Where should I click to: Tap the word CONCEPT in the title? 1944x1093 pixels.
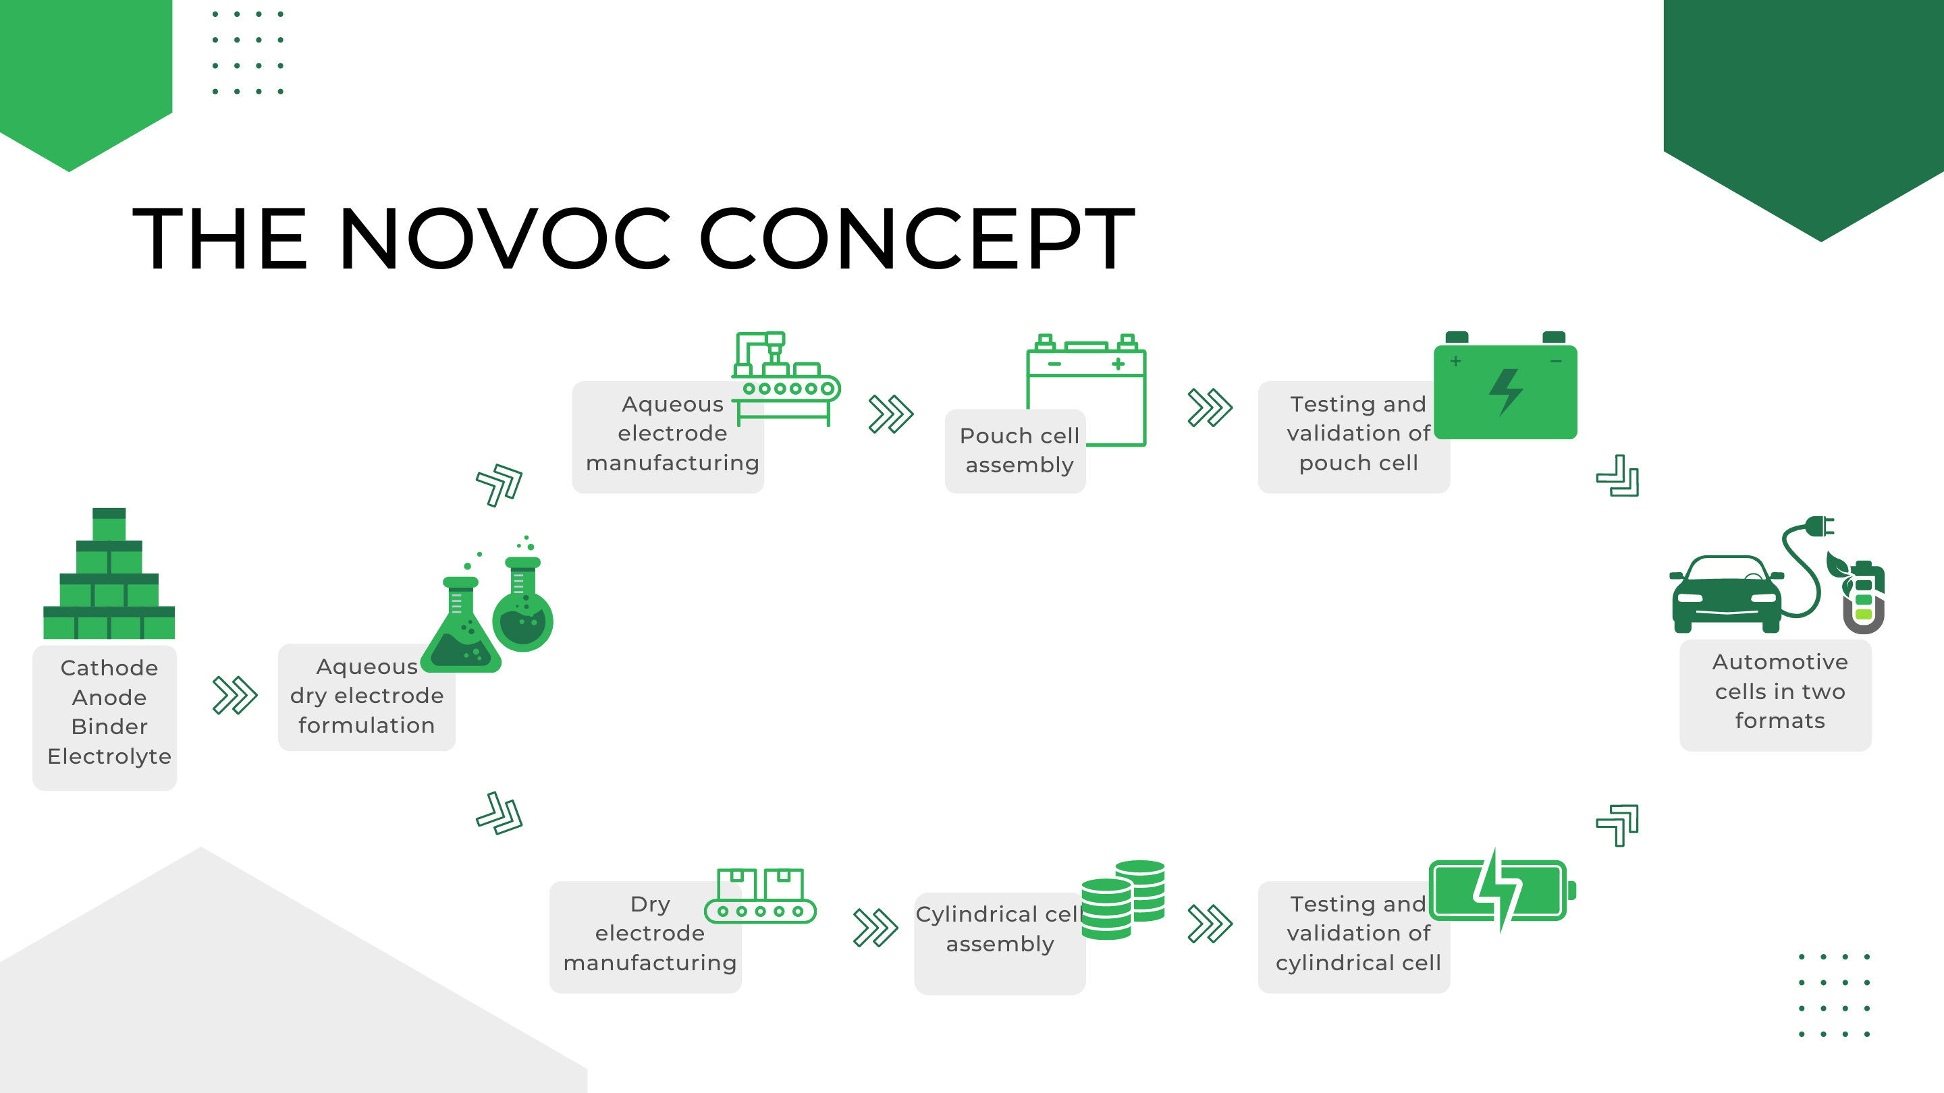[918, 238]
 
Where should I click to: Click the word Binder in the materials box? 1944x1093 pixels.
[109, 727]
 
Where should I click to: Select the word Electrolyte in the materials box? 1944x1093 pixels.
[109, 756]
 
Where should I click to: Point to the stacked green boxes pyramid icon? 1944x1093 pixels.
[109, 573]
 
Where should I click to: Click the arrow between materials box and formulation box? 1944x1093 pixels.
[235, 695]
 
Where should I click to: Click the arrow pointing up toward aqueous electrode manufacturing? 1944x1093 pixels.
[500, 484]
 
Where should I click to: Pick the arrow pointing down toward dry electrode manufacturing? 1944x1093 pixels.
[500, 813]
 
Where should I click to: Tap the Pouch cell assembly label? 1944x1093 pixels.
[1019, 450]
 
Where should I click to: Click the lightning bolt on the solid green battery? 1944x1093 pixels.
[1505, 391]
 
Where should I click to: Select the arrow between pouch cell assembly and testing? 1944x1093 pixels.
[1210, 408]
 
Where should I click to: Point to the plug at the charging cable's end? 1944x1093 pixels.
[1820, 526]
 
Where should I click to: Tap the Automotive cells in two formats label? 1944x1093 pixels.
[1779, 691]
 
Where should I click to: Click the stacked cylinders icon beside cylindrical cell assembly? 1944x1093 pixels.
[1123, 899]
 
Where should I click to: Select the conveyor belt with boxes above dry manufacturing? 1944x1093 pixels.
[760, 895]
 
